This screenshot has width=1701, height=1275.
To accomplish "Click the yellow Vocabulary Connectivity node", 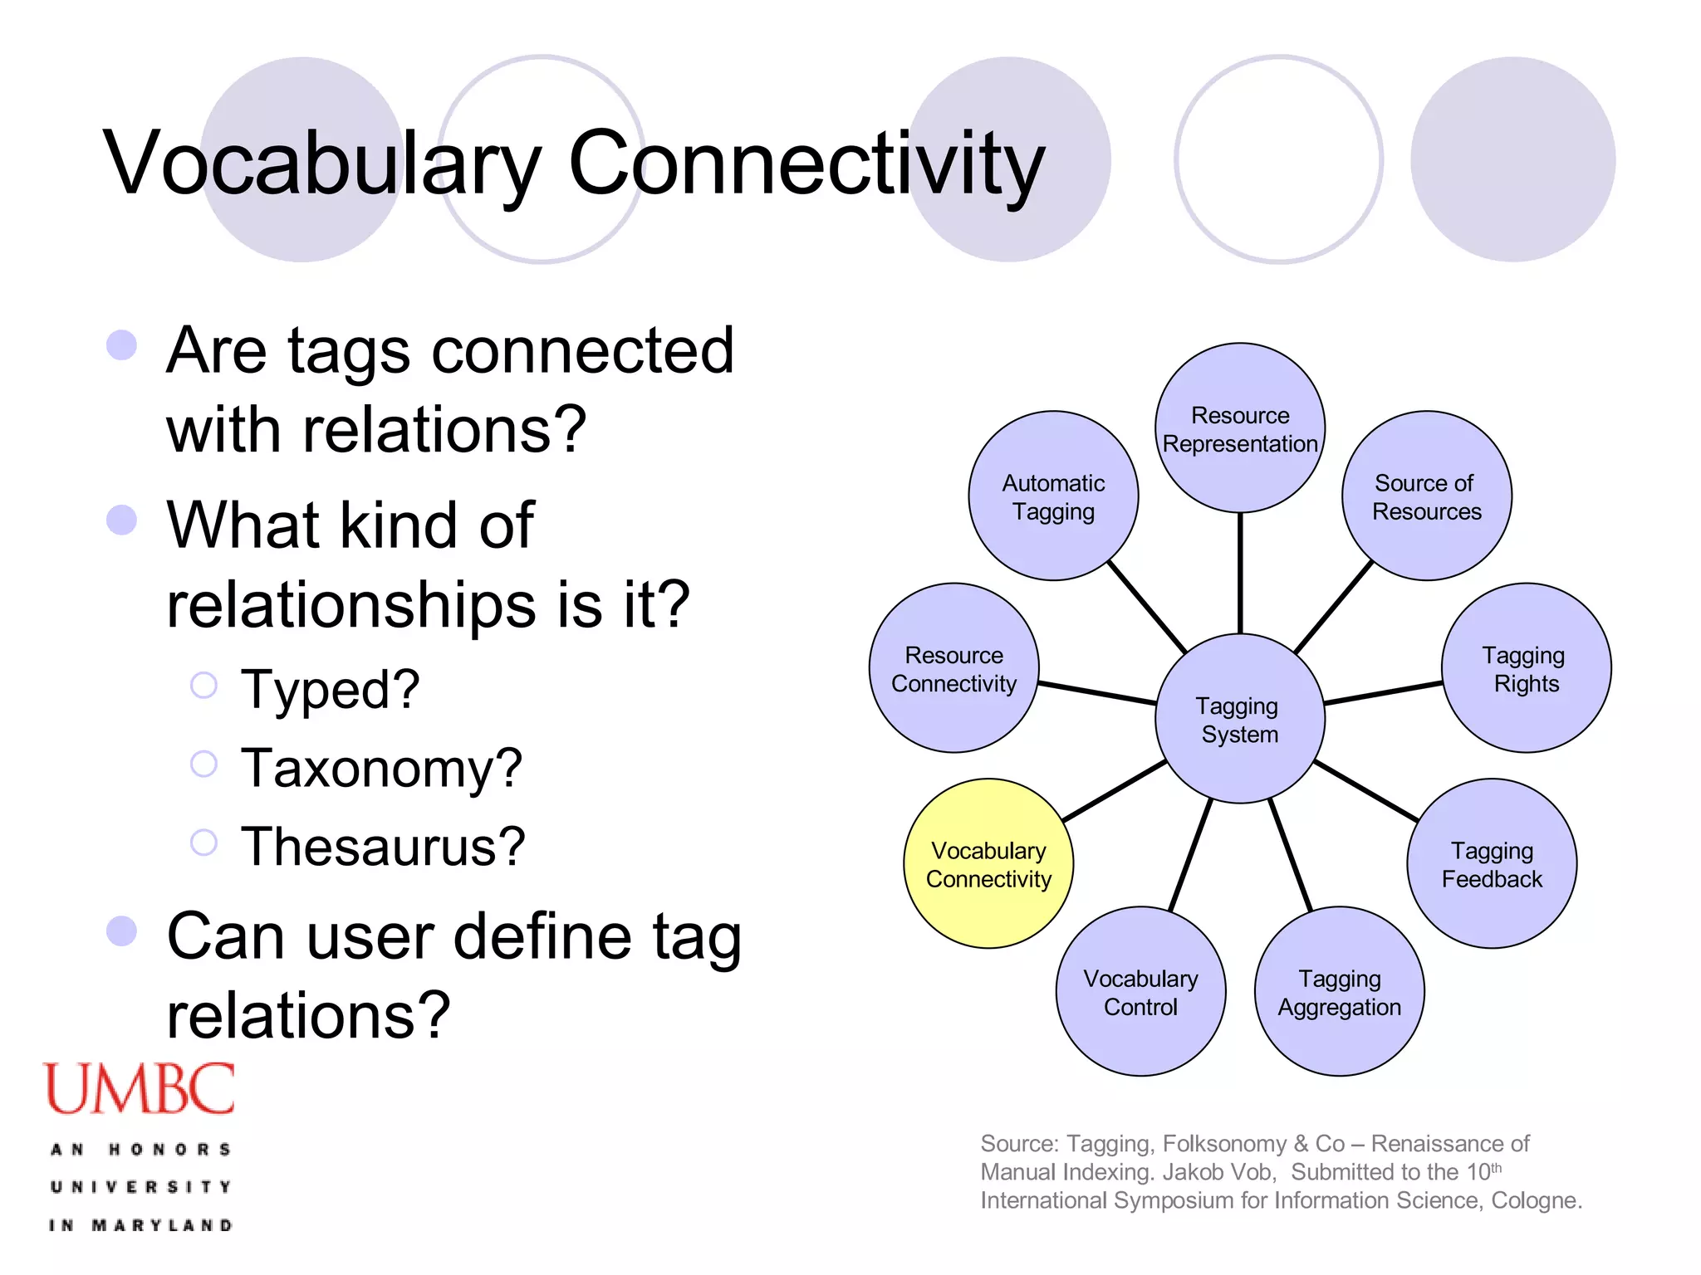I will pos(988,863).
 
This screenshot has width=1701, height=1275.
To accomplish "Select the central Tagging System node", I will pos(1239,719).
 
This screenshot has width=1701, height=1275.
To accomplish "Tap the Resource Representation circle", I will pos(1239,428).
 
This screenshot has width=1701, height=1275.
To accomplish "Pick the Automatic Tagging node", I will pos(1053,496).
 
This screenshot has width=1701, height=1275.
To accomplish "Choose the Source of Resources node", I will pos(1426,496).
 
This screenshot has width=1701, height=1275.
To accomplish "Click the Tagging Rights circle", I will pos(1526,668).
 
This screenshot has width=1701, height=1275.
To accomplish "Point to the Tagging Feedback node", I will pos(1492,863).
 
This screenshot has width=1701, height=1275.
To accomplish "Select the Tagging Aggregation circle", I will pos(1339,991).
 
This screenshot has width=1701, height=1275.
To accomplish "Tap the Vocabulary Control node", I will pos(1140,991).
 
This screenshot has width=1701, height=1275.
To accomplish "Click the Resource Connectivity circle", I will pos(954,668).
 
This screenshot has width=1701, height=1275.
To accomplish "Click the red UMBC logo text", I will pos(140,1088).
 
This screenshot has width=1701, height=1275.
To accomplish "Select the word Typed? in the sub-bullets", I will pos(330,689).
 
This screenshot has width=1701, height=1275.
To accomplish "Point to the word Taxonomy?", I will pos(381,768).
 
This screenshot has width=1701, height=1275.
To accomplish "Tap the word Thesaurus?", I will pos(383,847).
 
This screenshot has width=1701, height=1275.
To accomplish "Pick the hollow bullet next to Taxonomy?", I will pos(203,764).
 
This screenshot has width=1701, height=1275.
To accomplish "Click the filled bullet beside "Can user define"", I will pos(122,931).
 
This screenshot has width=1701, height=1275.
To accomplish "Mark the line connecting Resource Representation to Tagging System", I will pos(1240,573).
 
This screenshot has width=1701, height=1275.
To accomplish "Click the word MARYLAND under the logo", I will pos(162,1225).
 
